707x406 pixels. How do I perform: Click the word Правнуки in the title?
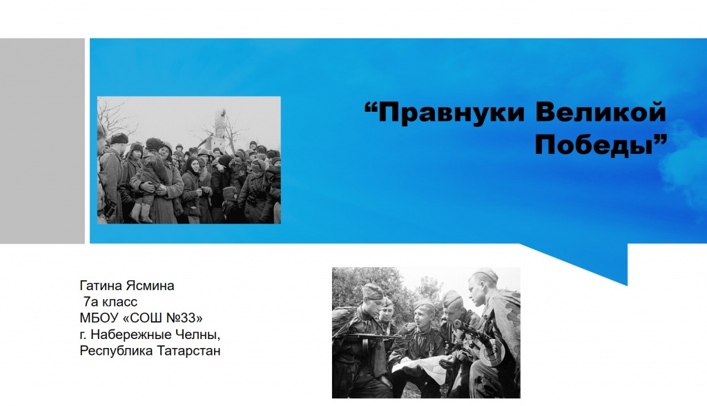[452, 113]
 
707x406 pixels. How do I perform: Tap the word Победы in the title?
[594, 145]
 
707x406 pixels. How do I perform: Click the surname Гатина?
[101, 286]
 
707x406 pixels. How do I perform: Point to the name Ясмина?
[150, 286]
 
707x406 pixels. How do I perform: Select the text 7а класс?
[110, 302]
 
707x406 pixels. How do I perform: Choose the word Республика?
[116, 351]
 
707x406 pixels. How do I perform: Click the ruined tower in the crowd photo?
[220, 128]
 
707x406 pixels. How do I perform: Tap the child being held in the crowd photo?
[149, 178]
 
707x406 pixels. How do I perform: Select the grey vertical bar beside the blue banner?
[42, 141]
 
